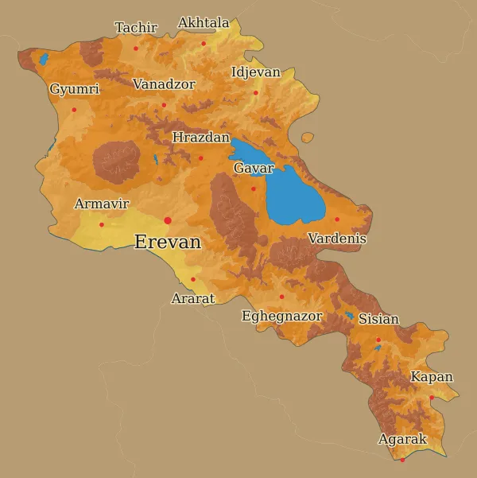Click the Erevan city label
(168, 243)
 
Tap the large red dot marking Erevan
(168, 220)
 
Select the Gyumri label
(74, 89)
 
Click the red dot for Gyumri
(74, 110)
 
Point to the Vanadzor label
(164, 84)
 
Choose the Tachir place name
(136, 28)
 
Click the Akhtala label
(204, 23)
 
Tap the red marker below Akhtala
(204, 43)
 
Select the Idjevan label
(255, 72)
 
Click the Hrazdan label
(200, 138)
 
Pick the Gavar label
(254, 169)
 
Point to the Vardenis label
(337, 239)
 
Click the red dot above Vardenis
(336, 220)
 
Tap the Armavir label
(102, 204)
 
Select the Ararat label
(193, 299)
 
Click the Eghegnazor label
(282, 317)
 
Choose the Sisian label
(378, 320)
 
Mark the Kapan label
(432, 377)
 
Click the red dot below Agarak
(402, 460)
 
